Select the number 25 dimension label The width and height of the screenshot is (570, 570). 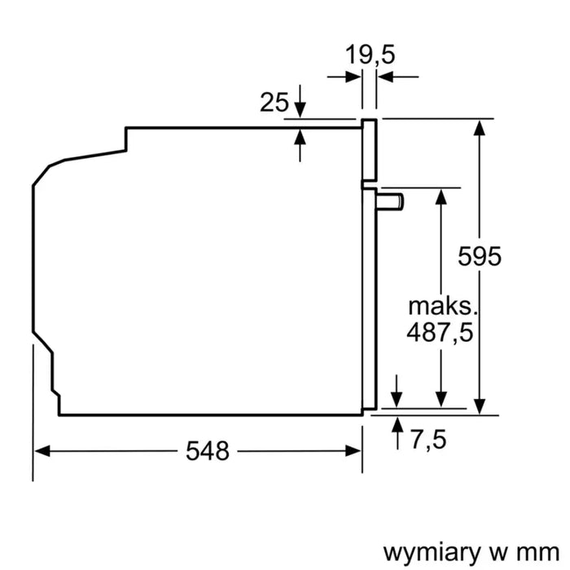(x=274, y=103)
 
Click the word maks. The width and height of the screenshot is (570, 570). (x=441, y=307)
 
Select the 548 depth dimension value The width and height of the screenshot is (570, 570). (x=207, y=450)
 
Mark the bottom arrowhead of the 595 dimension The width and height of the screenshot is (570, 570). (x=480, y=406)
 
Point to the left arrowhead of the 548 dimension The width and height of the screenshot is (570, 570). (x=43, y=450)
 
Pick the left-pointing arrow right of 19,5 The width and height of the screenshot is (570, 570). (x=386, y=77)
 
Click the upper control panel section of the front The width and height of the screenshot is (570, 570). (x=370, y=151)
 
